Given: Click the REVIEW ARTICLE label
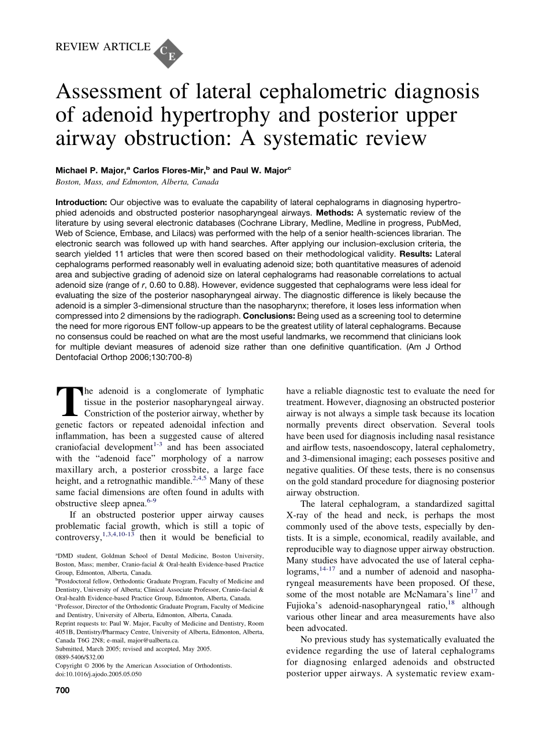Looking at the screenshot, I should [102, 47].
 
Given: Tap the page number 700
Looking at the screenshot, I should [62, 691].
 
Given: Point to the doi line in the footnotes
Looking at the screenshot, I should [98, 674].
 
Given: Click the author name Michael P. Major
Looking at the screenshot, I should [90, 171].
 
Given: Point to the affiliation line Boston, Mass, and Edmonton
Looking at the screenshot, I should [137, 181].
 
